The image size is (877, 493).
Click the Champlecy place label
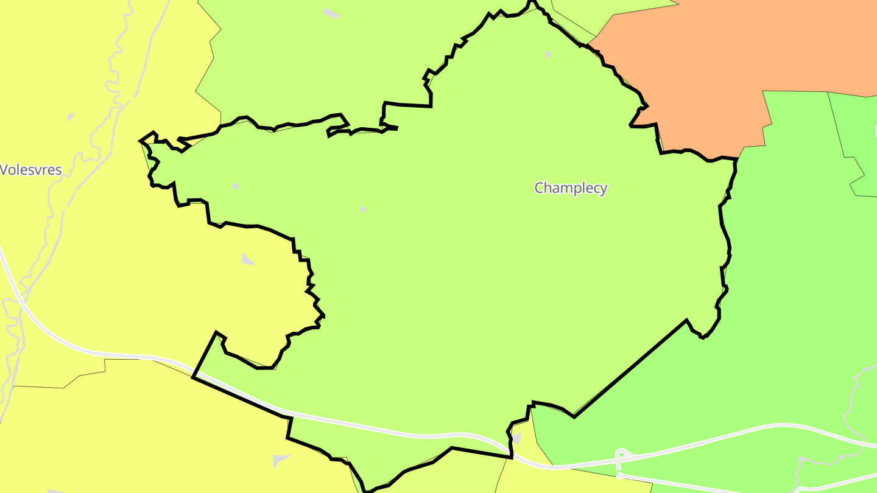click(571, 188)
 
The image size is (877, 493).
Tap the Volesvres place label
click(31, 170)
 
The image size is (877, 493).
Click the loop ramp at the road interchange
click(622, 455)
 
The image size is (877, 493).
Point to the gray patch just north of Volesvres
click(71, 116)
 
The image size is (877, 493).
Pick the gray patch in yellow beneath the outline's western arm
click(247, 259)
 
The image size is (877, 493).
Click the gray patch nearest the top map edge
click(331, 13)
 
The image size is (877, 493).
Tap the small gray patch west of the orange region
click(548, 54)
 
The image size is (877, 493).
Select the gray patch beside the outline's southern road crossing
click(517, 438)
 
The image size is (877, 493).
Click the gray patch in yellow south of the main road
click(281, 460)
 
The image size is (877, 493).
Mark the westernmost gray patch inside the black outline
click(235, 186)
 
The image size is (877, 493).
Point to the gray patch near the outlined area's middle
click(363, 209)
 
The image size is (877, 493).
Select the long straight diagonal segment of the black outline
click(630, 369)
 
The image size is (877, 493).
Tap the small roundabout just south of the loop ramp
click(619, 475)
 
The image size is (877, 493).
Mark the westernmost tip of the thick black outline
click(141, 141)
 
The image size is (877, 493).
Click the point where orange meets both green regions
click(739, 158)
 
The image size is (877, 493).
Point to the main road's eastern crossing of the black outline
click(510, 453)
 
